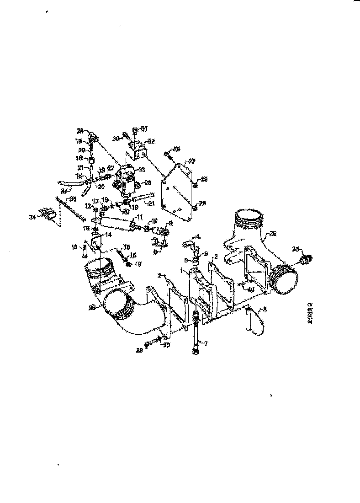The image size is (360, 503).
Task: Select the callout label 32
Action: pyautogui.click(x=151, y=142)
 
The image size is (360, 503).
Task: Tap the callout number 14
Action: pyautogui.click(x=108, y=234)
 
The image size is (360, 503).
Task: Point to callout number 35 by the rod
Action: pyautogui.click(x=72, y=199)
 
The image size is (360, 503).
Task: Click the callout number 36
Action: pyautogui.click(x=295, y=250)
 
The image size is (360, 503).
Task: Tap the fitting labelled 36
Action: pyautogui.click(x=305, y=259)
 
